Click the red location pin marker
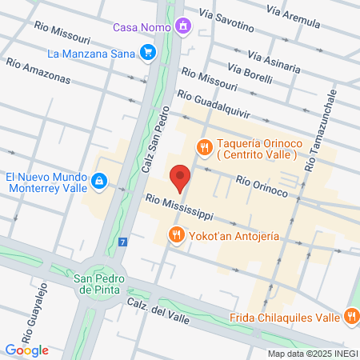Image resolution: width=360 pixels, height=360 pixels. [x=181, y=177]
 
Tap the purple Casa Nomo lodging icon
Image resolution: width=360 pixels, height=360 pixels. [x=184, y=27]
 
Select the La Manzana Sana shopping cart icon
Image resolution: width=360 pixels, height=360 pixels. [x=147, y=54]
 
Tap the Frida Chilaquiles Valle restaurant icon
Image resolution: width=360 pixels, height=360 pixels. [x=350, y=317]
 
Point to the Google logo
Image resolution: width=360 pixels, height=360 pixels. [x=27, y=349]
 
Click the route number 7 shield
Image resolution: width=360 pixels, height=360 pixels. [x=122, y=242]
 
